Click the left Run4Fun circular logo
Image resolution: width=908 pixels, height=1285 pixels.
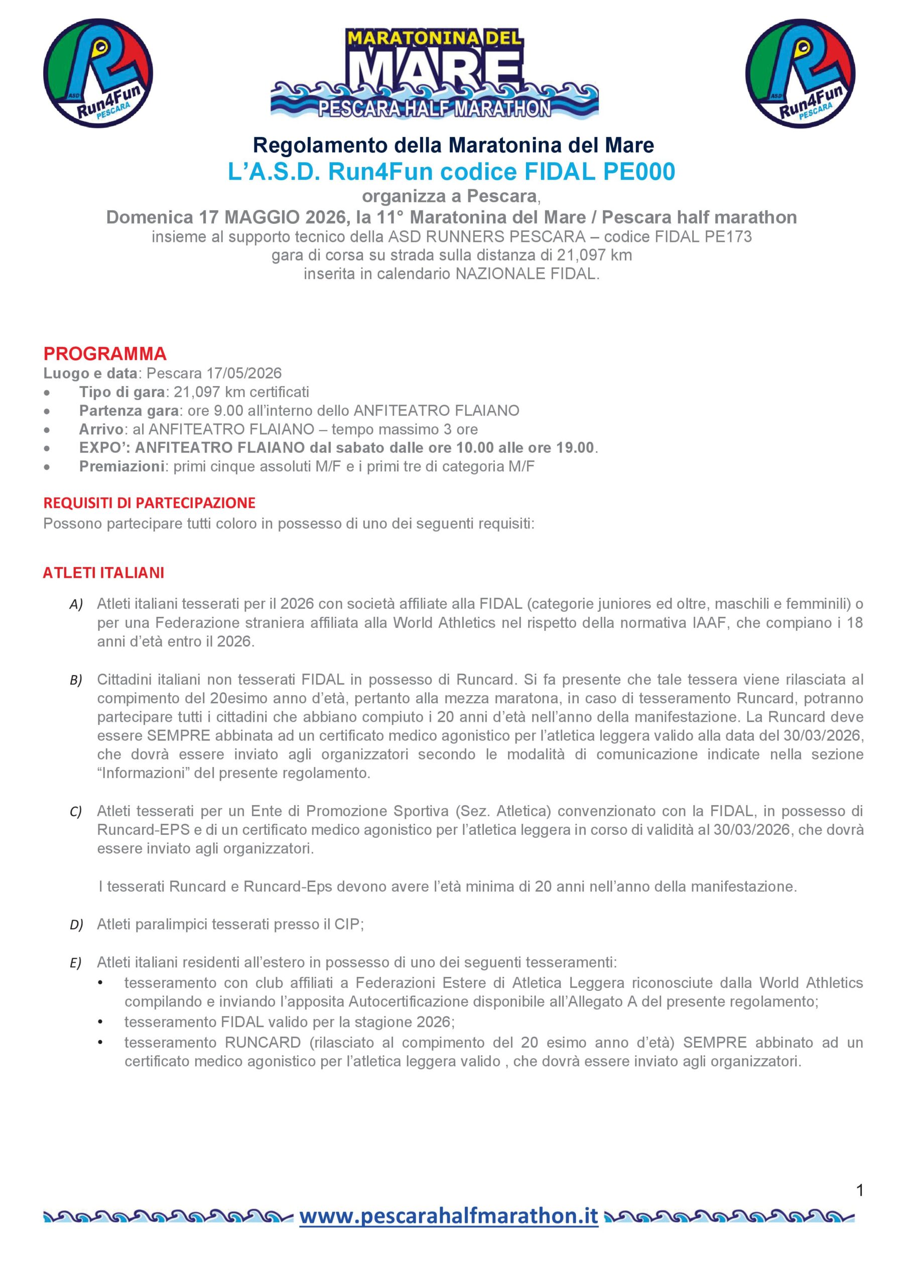pyautogui.click(x=98, y=73)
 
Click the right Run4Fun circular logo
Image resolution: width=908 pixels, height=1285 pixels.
pyautogui.click(x=800, y=73)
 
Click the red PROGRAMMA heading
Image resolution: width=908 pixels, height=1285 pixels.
pyautogui.click(x=105, y=354)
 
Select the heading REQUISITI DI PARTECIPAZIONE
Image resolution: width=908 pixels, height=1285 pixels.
pyautogui.click(x=149, y=502)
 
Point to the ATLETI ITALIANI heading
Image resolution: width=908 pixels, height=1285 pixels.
pyautogui.click(x=103, y=573)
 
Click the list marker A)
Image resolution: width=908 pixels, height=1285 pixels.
pyautogui.click(x=76, y=604)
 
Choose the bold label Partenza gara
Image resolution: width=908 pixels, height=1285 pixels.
pyautogui.click(x=129, y=411)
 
